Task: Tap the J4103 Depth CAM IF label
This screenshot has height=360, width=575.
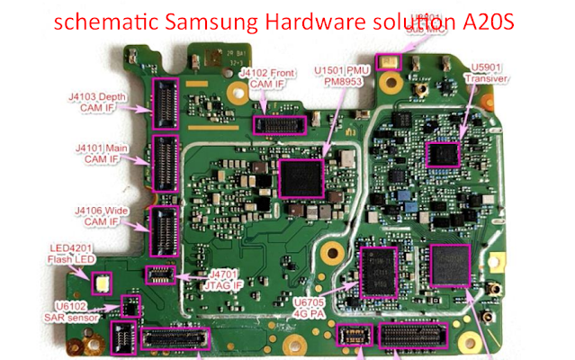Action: [x=102, y=100]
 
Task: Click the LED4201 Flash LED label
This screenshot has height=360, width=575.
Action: [x=73, y=255]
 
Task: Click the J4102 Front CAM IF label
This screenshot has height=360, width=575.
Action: [x=269, y=81]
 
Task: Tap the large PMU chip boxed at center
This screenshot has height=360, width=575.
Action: [x=301, y=176]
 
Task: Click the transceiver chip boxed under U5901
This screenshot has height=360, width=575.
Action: [x=443, y=154]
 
